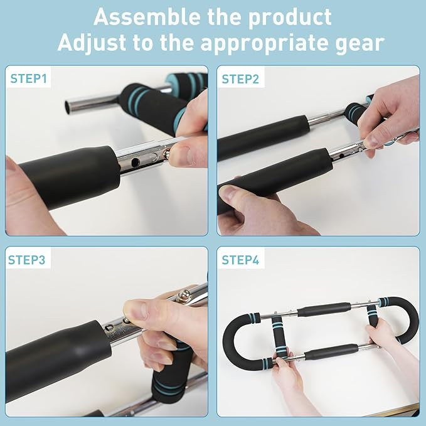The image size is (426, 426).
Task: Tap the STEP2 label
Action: [x=241, y=79]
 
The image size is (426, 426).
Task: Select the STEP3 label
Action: [x=27, y=258]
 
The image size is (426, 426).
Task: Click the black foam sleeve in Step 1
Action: [x=69, y=176]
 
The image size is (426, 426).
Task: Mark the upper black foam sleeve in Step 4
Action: [x=323, y=309]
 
